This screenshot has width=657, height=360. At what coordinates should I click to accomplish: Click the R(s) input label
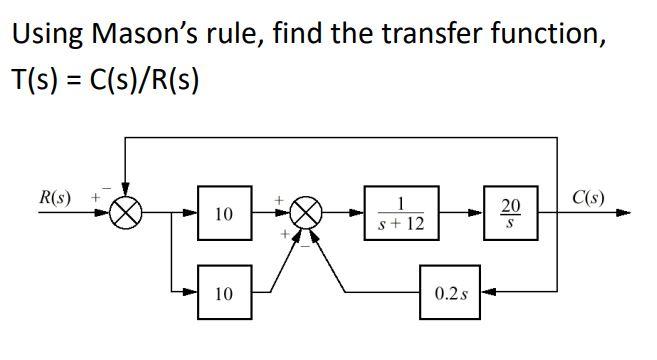point(55,195)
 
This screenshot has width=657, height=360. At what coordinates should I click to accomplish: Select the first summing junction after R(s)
point(127,212)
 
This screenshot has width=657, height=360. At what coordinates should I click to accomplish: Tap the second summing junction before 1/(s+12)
point(308,212)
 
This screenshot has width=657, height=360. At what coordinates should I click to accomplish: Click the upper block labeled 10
point(224,212)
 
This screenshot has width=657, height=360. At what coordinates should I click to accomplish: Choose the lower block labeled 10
point(224,293)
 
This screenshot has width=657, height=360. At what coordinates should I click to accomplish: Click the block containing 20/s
point(510,212)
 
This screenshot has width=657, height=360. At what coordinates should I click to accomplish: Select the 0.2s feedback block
point(449,293)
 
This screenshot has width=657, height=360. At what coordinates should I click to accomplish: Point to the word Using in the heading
point(46,35)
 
